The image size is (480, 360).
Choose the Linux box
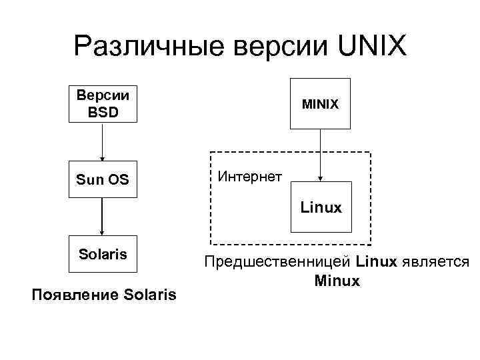pos(321,207)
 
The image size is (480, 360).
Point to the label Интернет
pos(250,176)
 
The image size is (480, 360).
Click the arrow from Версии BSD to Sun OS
pos(102,142)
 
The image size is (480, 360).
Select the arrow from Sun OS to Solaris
pos(102,217)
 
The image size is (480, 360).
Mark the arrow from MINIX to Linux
pos(321,155)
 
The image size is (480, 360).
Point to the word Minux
pos(337,281)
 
